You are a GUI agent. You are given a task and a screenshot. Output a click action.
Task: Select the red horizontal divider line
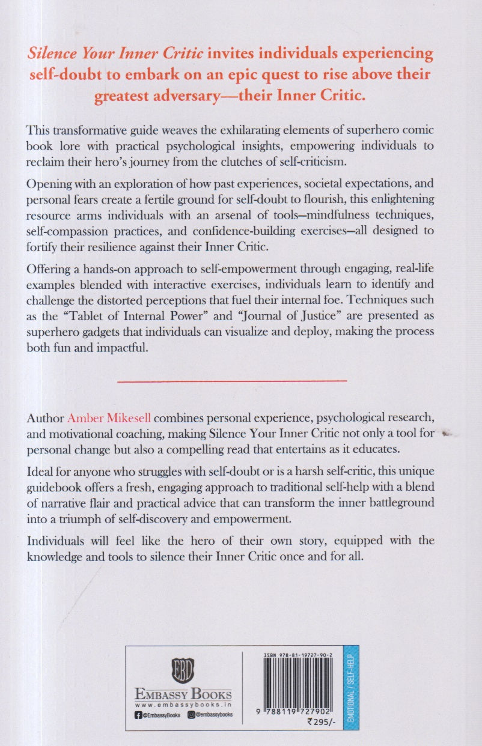point(232,380)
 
